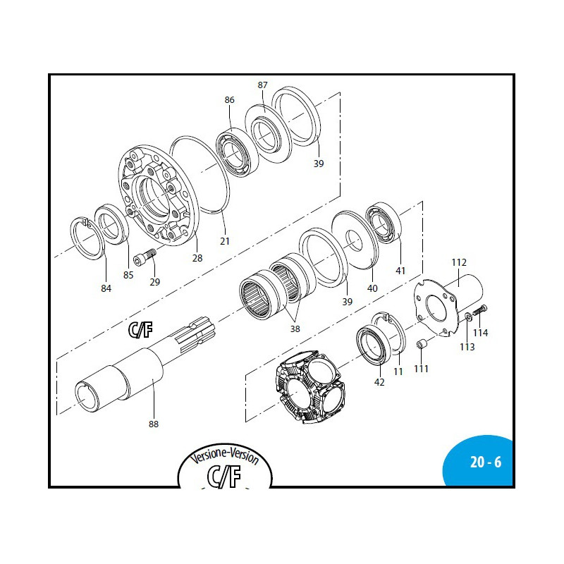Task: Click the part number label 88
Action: tap(154, 424)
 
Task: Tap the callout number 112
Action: tap(459, 262)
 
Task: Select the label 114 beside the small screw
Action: tap(481, 333)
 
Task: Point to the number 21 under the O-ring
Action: tap(225, 241)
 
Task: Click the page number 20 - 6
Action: tap(486, 462)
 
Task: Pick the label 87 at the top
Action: tap(262, 85)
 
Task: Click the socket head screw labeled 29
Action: tap(145, 257)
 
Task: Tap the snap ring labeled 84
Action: tap(87, 238)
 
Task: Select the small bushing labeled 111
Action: tap(421, 344)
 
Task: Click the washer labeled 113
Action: tap(468, 317)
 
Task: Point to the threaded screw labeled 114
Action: tap(480, 309)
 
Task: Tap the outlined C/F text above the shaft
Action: tap(140, 329)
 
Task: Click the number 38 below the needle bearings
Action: tap(295, 329)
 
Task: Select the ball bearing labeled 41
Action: tap(384, 223)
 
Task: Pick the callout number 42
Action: tap(379, 382)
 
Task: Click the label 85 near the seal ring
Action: tap(128, 275)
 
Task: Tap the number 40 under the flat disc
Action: tap(372, 288)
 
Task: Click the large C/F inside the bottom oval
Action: tap(224, 477)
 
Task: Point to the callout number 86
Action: tap(230, 99)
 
